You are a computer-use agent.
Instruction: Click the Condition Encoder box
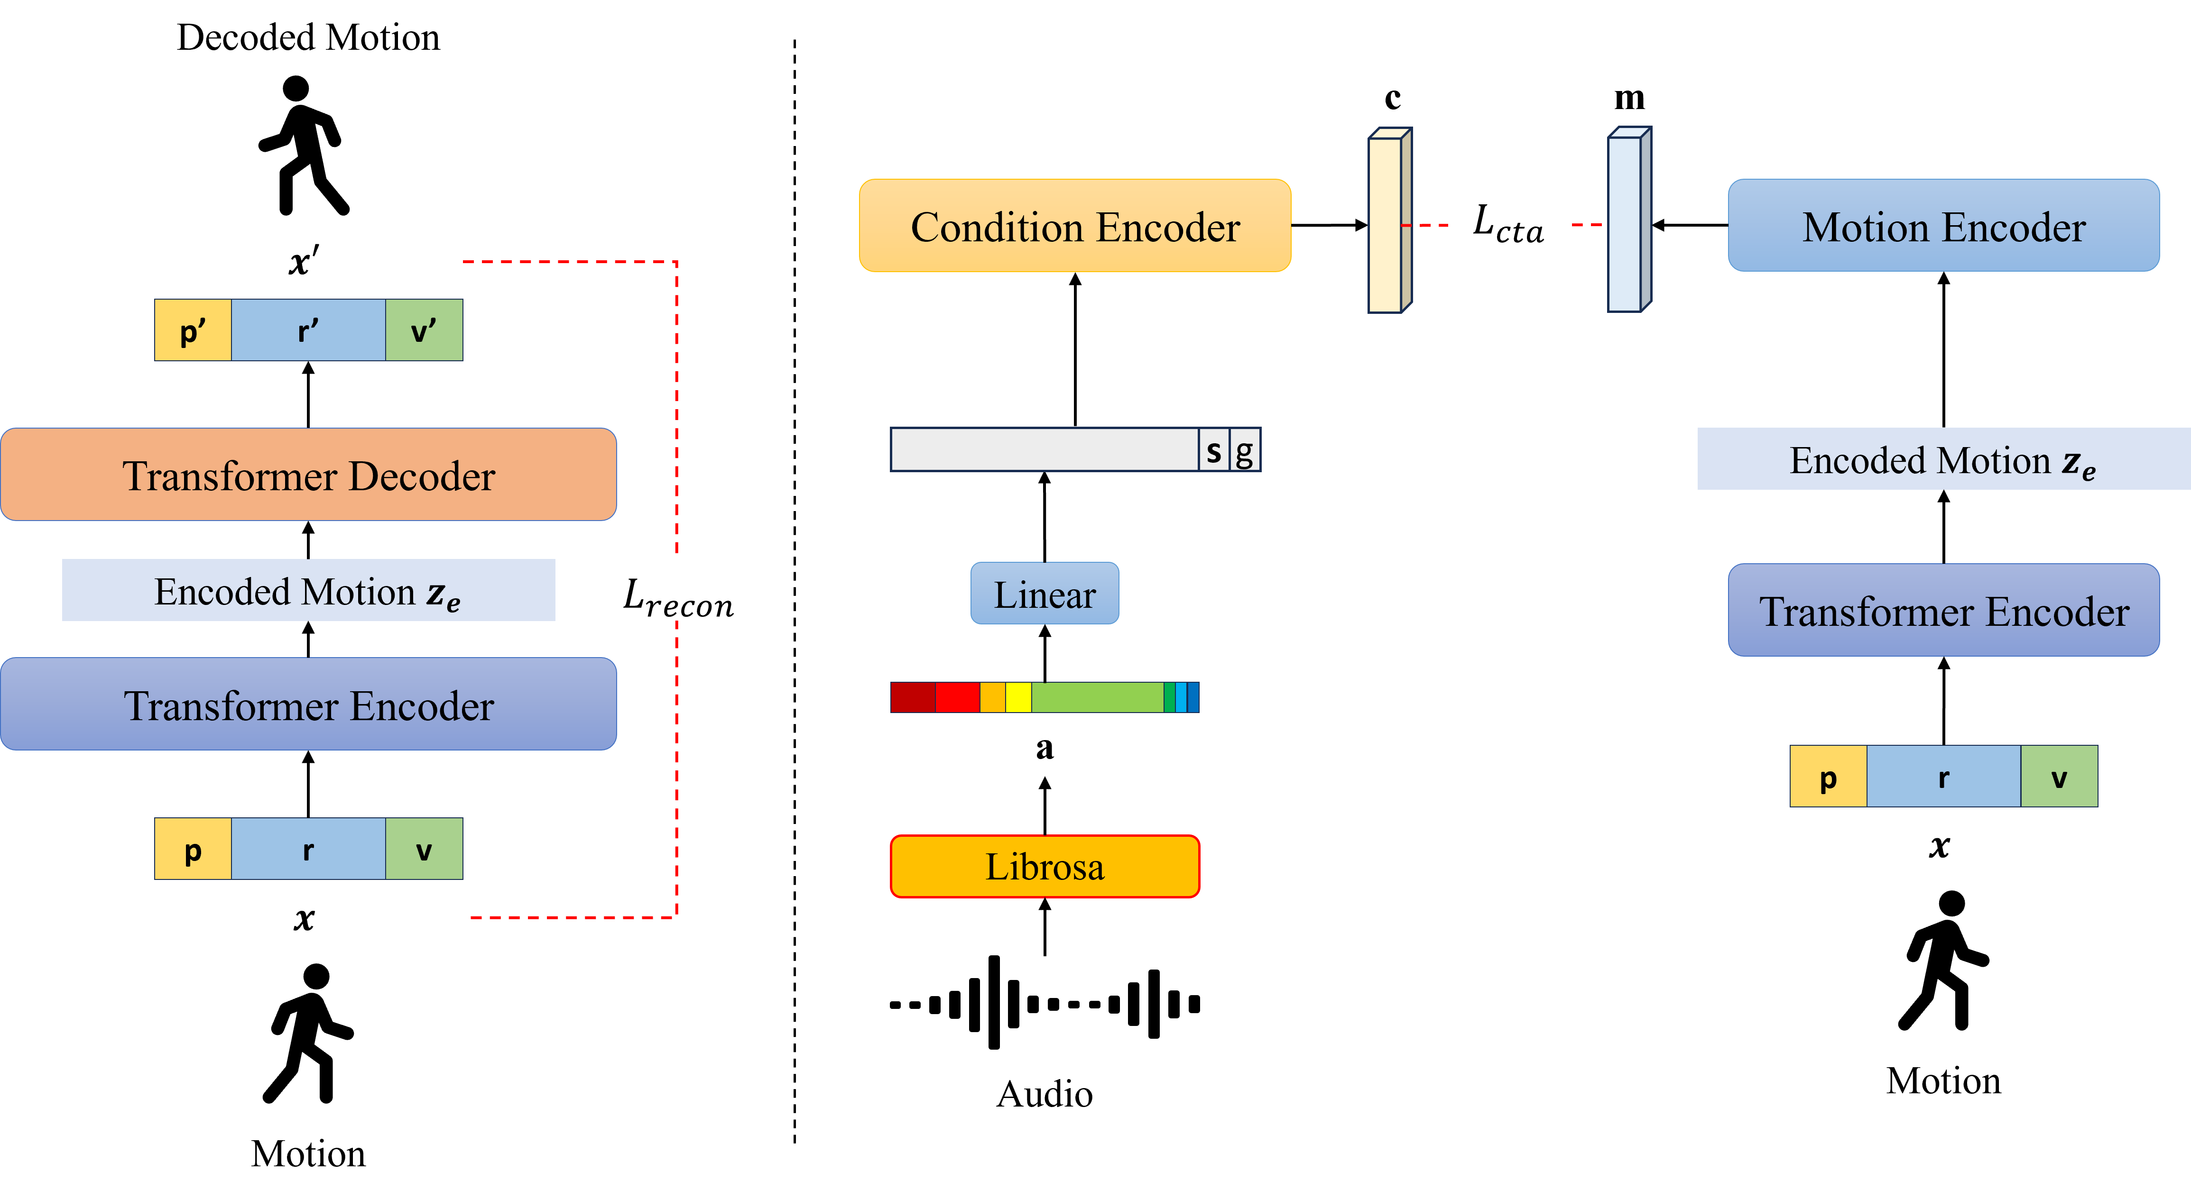click(1075, 226)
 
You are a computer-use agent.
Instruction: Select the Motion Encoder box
click(1943, 226)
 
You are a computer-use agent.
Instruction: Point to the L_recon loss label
click(668, 590)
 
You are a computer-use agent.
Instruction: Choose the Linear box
click(1045, 594)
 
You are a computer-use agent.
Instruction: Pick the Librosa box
click(1045, 867)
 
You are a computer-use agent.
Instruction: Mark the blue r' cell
click(308, 330)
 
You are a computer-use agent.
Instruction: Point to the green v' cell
click(424, 330)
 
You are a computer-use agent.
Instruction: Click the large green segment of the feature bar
click(1097, 697)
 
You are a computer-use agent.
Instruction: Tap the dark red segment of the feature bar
click(913, 697)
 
